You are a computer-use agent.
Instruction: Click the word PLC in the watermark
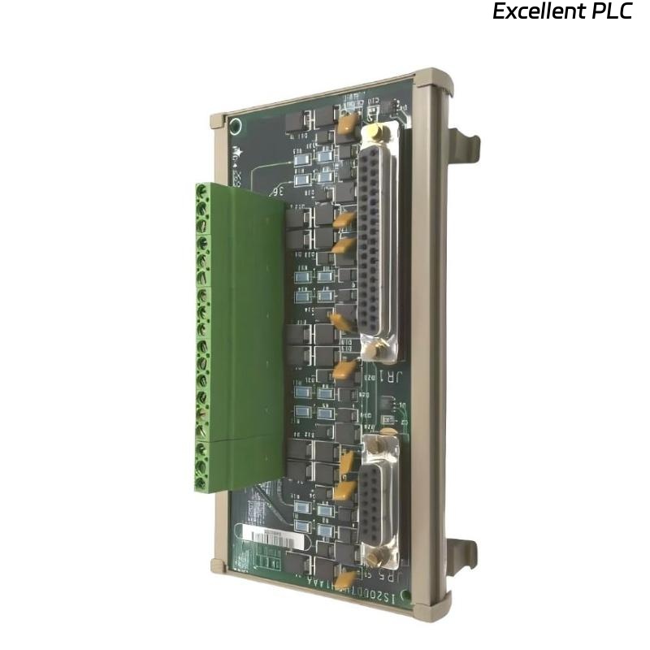[x=613, y=12]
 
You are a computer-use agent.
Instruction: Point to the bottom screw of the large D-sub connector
[x=373, y=350]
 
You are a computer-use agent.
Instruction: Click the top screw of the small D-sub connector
[x=375, y=444]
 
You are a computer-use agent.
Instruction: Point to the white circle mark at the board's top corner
[x=236, y=126]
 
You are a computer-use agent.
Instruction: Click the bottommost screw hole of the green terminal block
[x=201, y=484]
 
